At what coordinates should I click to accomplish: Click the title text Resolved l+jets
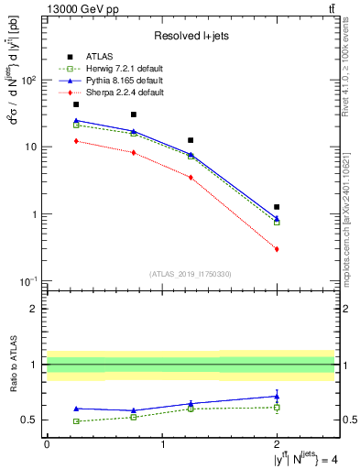[190, 36]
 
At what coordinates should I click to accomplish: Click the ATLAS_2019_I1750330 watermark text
[190, 274]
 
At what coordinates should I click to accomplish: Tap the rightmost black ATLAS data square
[277, 207]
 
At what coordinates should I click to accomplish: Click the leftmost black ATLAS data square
[76, 104]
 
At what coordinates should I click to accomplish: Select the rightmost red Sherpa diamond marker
[277, 249]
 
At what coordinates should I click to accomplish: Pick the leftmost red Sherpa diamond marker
[76, 141]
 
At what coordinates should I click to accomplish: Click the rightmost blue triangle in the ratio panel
[277, 396]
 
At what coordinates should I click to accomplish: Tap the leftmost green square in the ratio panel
[76, 421]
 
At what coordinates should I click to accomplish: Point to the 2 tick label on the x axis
[277, 443]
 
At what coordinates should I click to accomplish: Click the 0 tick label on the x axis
[47, 443]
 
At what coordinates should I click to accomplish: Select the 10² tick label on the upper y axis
[29, 81]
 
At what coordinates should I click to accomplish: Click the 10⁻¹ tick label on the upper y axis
[29, 281]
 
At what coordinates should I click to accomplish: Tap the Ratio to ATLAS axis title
[13, 365]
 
